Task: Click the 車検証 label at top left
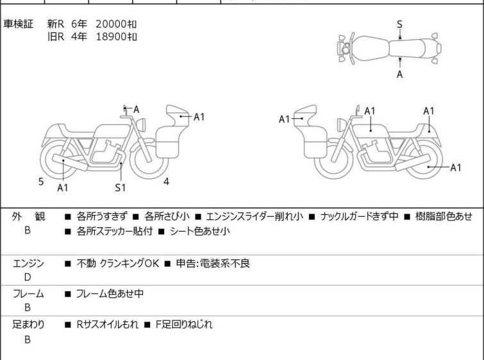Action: point(18,24)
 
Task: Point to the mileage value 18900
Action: point(111,37)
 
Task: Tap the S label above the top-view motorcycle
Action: point(399,24)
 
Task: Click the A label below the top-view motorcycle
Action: point(400,74)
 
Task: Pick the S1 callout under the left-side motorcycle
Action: point(121,187)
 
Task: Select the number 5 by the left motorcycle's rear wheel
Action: point(41,182)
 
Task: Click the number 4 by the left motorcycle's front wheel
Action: point(167,182)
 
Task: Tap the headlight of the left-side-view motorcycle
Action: point(142,125)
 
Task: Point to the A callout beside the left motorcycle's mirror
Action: point(136,109)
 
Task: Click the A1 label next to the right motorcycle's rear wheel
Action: point(456,167)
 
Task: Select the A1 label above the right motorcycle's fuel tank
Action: point(370,111)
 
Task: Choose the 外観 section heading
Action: point(28,216)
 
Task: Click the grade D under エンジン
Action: point(28,277)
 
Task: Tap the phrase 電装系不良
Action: point(225,263)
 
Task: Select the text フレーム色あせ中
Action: point(110,293)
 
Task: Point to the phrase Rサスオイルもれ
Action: point(108,325)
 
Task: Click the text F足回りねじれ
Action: point(184,325)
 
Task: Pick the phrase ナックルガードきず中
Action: point(359,216)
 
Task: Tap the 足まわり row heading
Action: point(28,325)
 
